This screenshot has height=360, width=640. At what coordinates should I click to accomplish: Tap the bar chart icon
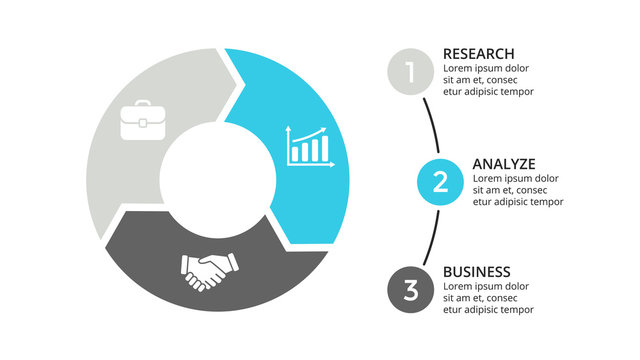point(308,146)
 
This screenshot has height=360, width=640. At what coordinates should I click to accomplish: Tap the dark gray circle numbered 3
point(409,291)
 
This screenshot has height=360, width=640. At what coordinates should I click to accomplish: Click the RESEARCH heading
point(478,53)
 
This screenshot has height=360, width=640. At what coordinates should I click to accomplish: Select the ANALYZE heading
point(504,163)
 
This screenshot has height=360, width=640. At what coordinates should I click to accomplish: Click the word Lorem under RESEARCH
point(459,68)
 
